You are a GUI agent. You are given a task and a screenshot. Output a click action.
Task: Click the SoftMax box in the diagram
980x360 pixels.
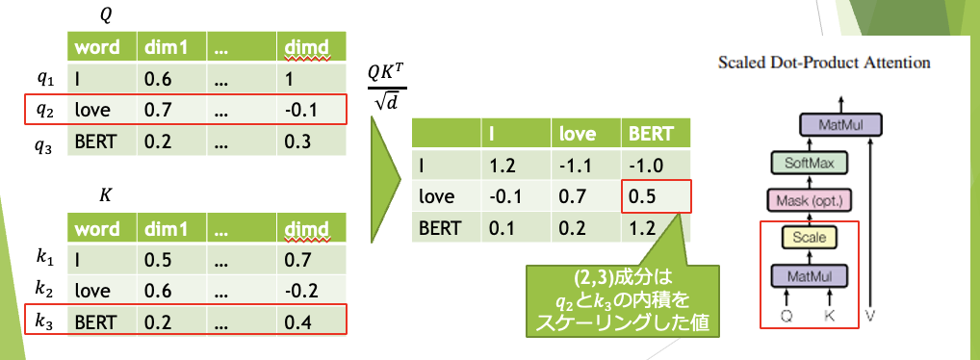coord(810,164)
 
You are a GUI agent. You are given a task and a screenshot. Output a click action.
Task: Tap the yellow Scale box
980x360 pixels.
coord(810,238)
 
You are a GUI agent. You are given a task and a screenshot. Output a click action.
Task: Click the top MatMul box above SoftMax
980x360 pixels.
coord(840,125)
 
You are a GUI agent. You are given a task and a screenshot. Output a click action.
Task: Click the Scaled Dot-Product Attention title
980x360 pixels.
coord(824,63)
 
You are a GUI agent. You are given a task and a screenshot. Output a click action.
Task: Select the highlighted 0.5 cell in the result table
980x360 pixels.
coord(656,197)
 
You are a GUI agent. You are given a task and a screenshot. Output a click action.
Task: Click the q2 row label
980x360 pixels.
coord(45,110)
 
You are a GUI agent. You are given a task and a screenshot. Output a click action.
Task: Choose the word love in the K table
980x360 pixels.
coord(91,291)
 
